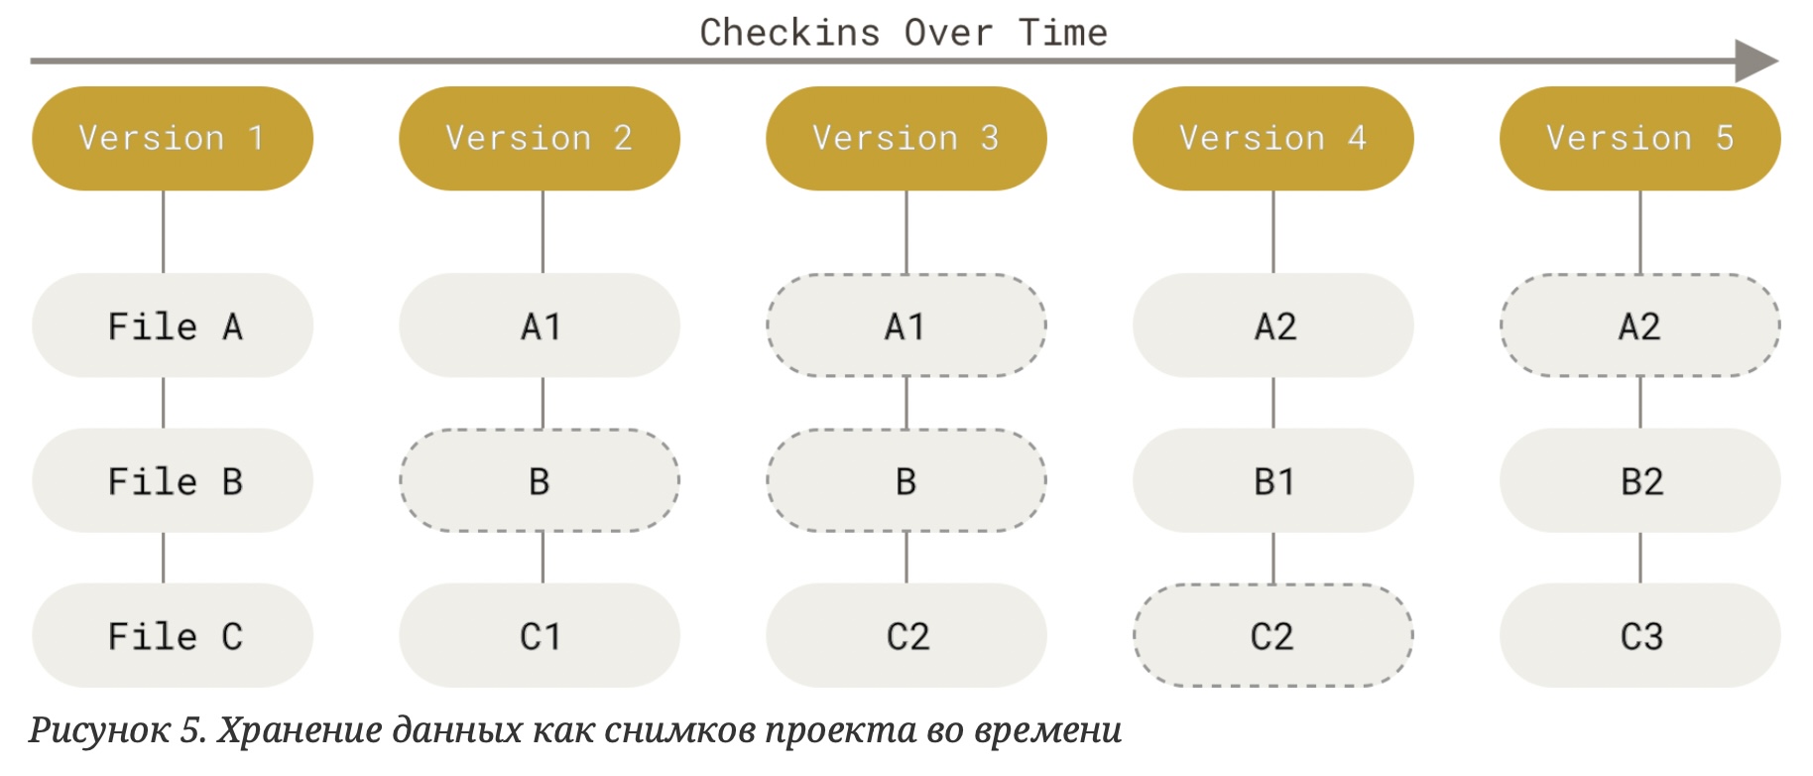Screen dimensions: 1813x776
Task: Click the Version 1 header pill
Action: pyautogui.click(x=173, y=138)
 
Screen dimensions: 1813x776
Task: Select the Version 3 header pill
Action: pyautogui.click(x=906, y=138)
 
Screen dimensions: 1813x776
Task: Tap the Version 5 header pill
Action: pyautogui.click(x=1639, y=138)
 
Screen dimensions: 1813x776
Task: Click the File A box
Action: pyautogui.click(x=173, y=325)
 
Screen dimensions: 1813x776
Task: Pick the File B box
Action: pyautogui.click(x=173, y=480)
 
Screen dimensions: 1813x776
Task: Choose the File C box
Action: pyautogui.click(x=173, y=635)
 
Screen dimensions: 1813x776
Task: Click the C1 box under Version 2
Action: pyautogui.click(x=540, y=635)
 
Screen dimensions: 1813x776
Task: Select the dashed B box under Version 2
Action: pyautogui.click(x=540, y=480)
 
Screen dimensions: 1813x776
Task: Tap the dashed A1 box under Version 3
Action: pyautogui.click(x=906, y=325)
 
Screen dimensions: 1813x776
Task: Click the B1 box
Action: pyautogui.click(x=1273, y=480)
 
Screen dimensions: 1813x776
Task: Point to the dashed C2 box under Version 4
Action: pyautogui.click(x=1273, y=635)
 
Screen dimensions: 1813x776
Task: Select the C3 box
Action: pyautogui.click(x=1639, y=635)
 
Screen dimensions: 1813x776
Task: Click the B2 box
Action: pyautogui.click(x=1639, y=480)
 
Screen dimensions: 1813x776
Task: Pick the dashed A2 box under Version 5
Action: pyautogui.click(x=1639, y=325)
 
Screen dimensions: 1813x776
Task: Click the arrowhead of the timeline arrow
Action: pyautogui.click(x=1756, y=62)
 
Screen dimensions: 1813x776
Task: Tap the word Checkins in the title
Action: pyautogui.click(x=789, y=33)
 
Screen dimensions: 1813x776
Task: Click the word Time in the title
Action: pyautogui.click(x=1062, y=33)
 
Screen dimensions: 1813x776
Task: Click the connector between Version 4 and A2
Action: pyautogui.click(x=1273, y=231)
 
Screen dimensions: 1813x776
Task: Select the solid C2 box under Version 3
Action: pyautogui.click(x=906, y=635)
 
